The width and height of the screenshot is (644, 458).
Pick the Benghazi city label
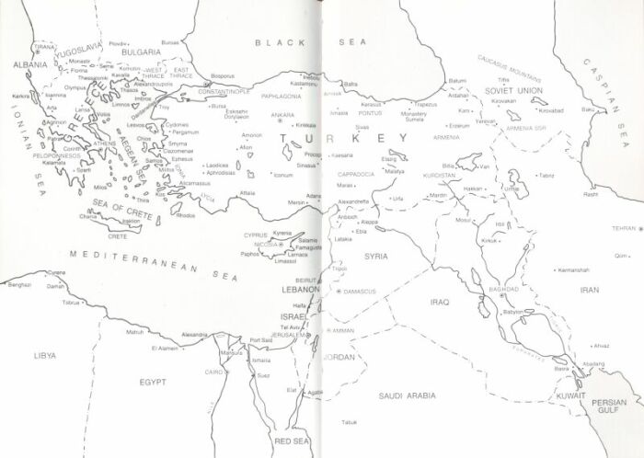point(19,286)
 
